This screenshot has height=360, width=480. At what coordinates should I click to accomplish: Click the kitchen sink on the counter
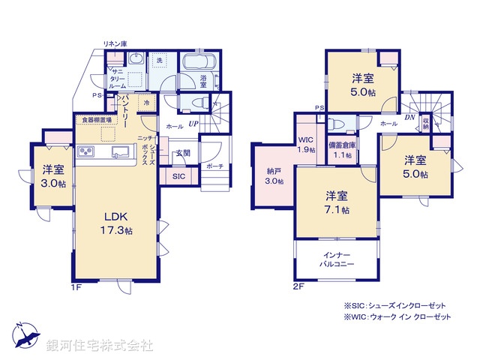tap(119, 154)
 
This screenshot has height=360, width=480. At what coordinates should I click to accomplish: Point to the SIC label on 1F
tap(178, 176)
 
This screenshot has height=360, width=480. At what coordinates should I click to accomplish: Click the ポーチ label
tap(214, 166)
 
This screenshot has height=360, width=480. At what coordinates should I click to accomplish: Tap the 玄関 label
tap(182, 153)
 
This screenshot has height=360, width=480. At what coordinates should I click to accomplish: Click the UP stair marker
tap(193, 123)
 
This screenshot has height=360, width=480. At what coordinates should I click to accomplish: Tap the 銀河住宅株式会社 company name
tap(100, 346)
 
